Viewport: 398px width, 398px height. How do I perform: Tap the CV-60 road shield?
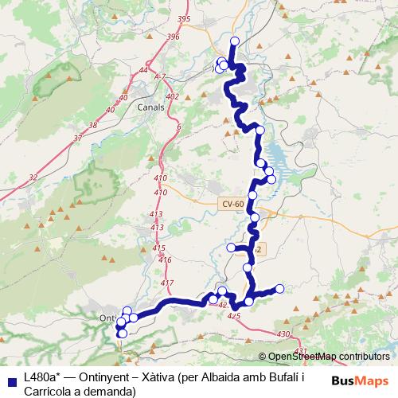coord(232,204)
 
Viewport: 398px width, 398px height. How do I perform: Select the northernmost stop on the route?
coord(234,41)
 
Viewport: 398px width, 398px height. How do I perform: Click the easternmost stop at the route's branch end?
coord(280,288)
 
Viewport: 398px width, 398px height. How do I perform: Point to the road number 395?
coord(185,18)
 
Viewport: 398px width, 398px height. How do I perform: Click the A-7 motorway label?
coord(161,76)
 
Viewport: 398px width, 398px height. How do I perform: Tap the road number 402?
coord(170,96)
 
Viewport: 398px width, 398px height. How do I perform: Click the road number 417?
coord(166,283)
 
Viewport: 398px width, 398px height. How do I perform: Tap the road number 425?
coord(233,316)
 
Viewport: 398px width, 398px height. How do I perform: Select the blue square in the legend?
coord(11,380)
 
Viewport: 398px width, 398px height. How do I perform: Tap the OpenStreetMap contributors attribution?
coord(326,356)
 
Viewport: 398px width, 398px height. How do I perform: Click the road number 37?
coord(76,138)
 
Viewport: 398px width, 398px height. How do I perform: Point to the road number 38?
coord(94,125)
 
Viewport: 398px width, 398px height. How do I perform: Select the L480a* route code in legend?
coord(39,377)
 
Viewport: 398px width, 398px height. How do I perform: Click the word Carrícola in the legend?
coord(50,391)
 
